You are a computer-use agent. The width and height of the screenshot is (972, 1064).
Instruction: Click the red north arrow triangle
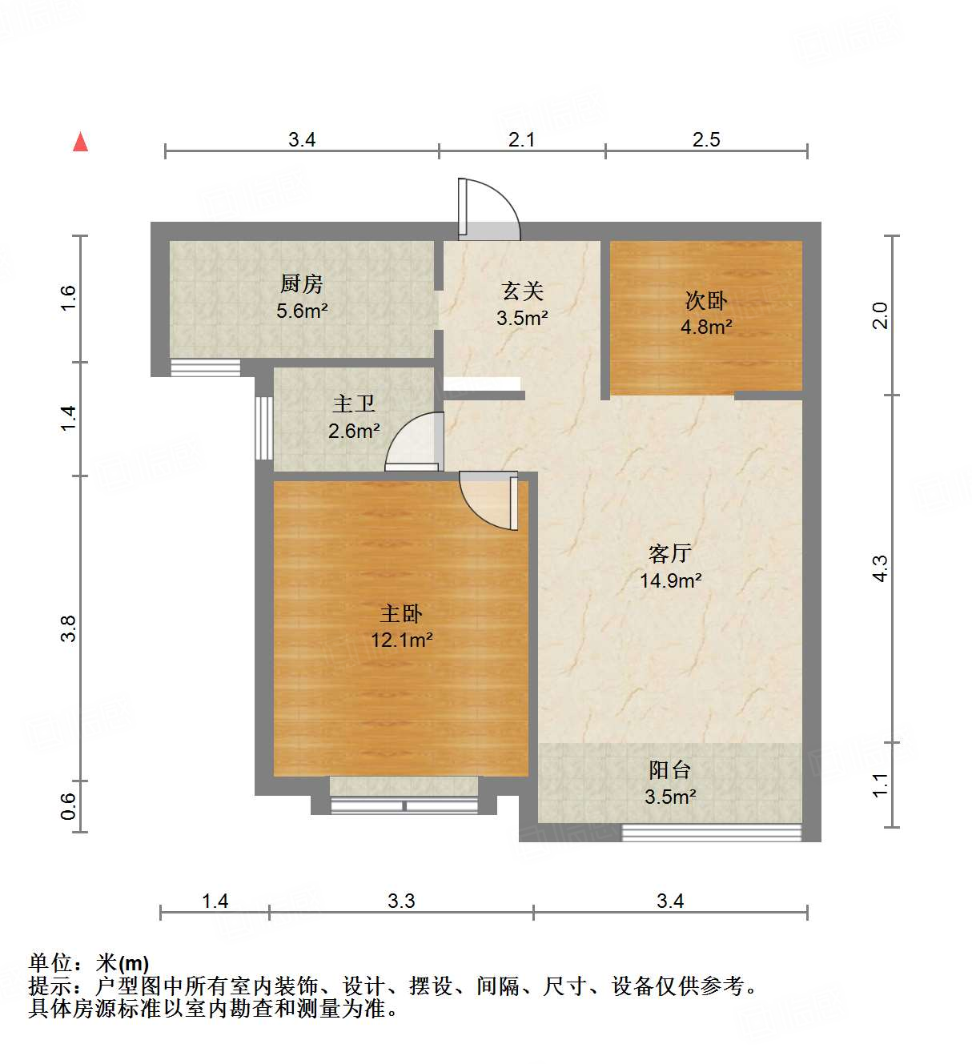coord(80,142)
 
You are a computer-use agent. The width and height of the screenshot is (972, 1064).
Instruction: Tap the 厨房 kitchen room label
coord(302,284)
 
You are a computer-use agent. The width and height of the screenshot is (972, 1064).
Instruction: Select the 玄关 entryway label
coord(522,291)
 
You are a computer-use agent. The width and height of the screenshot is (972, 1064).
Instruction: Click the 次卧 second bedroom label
coord(705,301)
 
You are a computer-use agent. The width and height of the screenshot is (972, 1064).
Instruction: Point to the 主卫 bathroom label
coord(353,404)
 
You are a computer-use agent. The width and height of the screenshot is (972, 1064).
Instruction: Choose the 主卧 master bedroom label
coord(401,614)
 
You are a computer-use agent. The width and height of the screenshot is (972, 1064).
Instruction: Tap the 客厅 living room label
coord(670,554)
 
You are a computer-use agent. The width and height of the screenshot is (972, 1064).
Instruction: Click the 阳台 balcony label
coord(670,770)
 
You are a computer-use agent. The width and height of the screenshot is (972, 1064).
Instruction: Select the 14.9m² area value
coord(670,580)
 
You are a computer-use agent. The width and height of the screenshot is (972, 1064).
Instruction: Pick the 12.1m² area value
coord(401,640)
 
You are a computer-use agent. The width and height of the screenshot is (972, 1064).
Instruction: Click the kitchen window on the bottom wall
coord(206,368)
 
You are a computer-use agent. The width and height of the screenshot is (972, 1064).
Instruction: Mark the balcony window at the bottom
coord(712,833)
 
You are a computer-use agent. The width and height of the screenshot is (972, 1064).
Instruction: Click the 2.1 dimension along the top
coord(522,140)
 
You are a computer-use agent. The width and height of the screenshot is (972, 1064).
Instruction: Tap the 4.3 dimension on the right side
coord(880,568)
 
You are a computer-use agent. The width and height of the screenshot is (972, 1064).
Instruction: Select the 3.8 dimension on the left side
coord(69,628)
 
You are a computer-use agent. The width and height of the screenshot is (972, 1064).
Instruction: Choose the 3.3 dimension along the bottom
coord(401,901)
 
